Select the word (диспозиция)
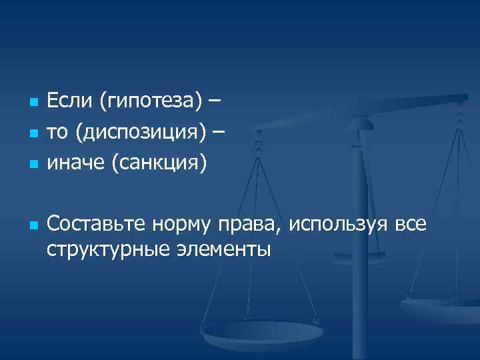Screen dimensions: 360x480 tap(141, 132)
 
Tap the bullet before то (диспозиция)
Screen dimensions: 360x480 tap(31, 133)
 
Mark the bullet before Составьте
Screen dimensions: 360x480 tap(31, 225)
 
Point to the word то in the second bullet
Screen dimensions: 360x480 tap(57, 132)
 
